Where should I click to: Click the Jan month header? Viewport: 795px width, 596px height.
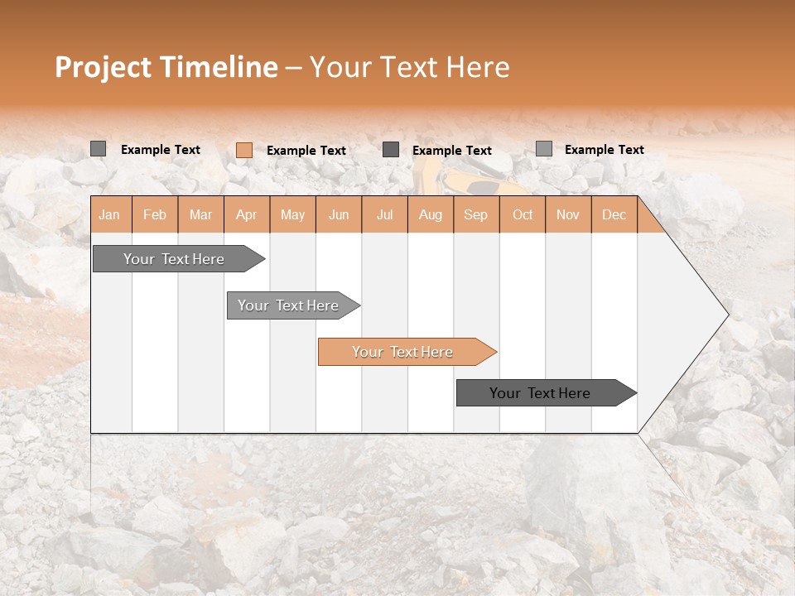(x=110, y=214)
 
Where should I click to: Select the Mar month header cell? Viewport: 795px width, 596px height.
(x=200, y=214)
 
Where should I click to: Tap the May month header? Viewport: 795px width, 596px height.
(x=292, y=214)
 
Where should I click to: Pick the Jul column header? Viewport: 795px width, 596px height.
(x=384, y=214)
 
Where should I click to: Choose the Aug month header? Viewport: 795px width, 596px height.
(x=430, y=214)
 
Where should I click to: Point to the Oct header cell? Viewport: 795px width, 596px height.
(x=522, y=214)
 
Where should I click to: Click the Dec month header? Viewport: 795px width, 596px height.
(x=614, y=214)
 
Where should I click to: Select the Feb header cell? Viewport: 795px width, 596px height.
(x=155, y=214)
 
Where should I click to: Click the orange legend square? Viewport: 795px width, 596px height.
(x=244, y=150)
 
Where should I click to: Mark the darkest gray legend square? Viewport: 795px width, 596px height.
(x=391, y=150)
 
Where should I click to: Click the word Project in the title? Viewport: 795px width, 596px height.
(x=103, y=67)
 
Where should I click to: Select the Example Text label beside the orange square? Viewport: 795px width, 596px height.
(x=306, y=151)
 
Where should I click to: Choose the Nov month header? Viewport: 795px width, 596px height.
(x=568, y=214)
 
